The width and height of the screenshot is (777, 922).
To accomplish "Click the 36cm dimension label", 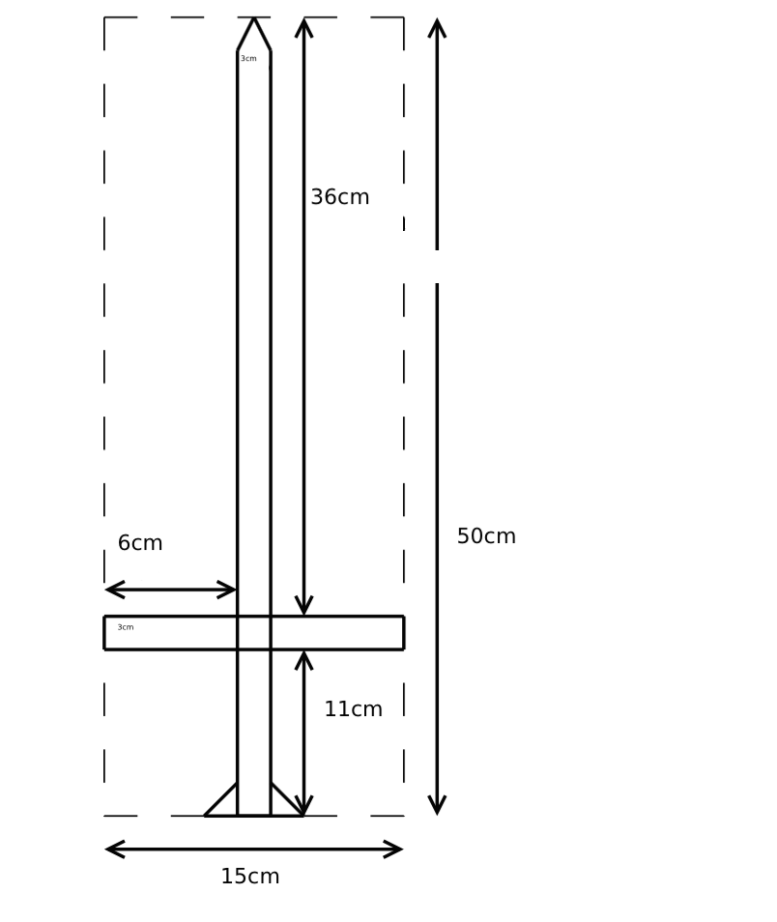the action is (340, 197).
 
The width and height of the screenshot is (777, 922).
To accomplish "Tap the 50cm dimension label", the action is (486, 536).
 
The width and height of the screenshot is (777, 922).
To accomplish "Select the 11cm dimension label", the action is (354, 709).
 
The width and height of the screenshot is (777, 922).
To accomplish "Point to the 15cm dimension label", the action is (250, 877).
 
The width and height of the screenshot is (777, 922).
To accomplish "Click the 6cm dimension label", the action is (140, 543).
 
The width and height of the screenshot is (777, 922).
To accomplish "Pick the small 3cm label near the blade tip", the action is (248, 58).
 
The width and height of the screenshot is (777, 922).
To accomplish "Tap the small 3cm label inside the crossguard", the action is (126, 627).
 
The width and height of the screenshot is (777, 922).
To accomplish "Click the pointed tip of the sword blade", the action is (254, 18).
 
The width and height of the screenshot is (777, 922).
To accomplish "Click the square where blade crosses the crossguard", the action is (254, 633).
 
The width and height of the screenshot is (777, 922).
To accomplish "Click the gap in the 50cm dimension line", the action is (437, 267).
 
